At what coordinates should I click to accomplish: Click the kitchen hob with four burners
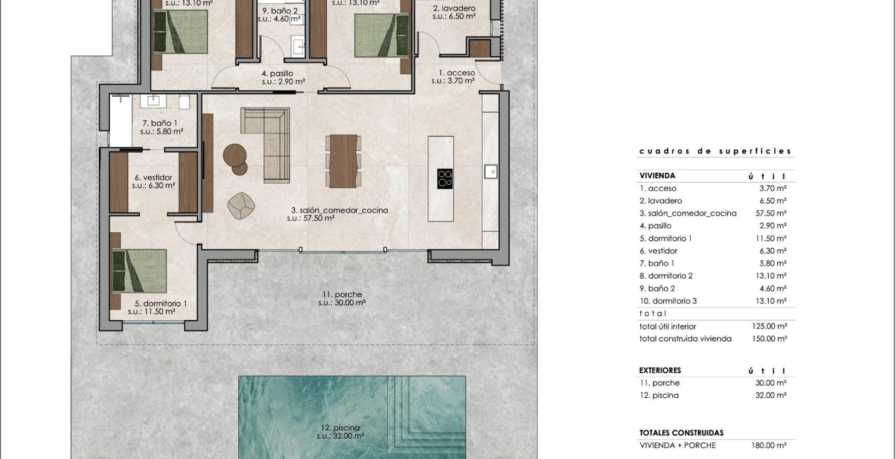point(445,179)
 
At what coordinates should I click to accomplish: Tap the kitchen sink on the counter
point(491,172)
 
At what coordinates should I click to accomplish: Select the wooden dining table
point(343,161)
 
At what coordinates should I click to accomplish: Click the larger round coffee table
point(235,155)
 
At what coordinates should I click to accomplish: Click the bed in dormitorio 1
point(139,272)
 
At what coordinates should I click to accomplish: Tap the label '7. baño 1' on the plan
point(160,123)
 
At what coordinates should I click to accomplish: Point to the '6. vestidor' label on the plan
point(154,178)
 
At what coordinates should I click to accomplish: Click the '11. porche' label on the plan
point(341,295)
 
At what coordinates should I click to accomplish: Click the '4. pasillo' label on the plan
point(278,73)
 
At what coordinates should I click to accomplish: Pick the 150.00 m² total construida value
point(769,339)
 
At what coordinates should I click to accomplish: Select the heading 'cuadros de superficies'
point(715,151)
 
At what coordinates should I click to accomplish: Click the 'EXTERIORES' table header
point(660,370)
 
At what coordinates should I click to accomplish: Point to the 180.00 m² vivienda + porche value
point(769,445)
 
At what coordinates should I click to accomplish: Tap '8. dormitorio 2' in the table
point(666,276)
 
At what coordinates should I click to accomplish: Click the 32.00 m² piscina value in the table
point(770,396)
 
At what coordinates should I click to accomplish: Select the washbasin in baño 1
point(154,101)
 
